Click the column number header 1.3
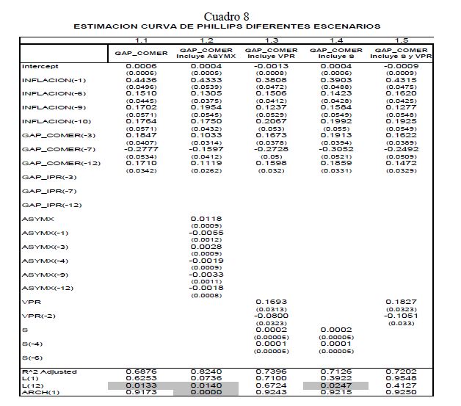[271, 40]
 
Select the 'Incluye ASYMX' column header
[206, 55]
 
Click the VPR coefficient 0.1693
[271, 302]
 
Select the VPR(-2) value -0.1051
[401, 316]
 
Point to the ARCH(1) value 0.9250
[401, 391]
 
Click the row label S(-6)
[33, 357]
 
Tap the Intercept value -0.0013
[271, 67]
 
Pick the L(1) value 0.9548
[401, 378]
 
